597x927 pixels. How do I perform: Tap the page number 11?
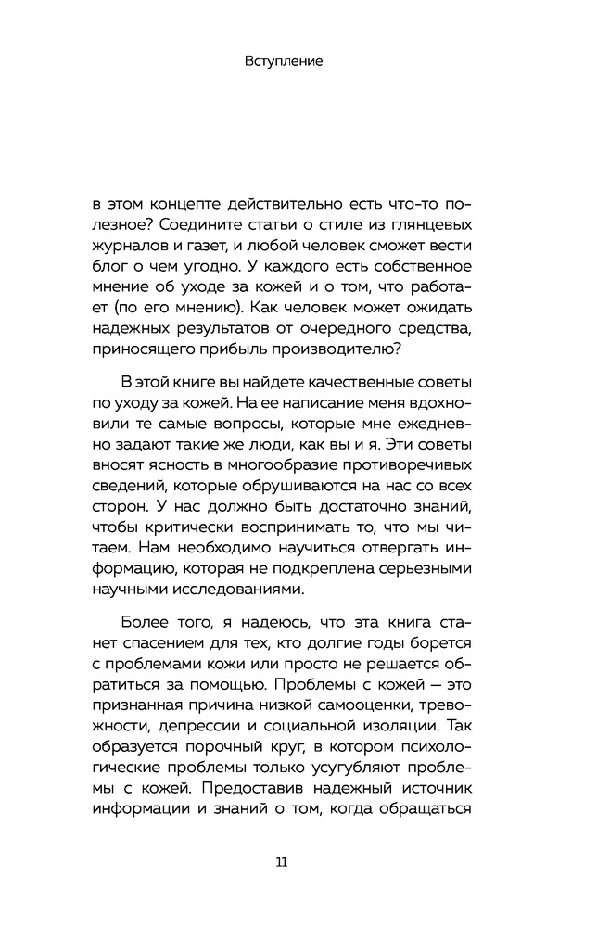click(x=283, y=862)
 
